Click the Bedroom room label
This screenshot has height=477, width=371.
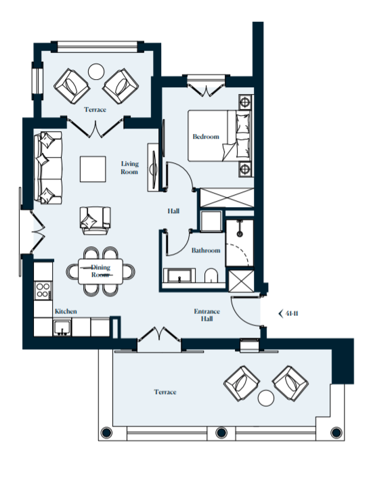(206, 137)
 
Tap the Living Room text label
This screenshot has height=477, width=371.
(129, 167)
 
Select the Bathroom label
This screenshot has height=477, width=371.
(206, 250)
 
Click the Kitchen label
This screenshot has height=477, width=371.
(66, 311)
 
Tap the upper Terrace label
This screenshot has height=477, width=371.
(95, 109)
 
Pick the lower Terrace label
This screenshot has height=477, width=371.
(165, 392)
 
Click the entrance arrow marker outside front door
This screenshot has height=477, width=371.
(282, 313)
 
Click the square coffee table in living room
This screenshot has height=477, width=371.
(93, 168)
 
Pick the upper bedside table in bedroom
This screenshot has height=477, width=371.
(244, 103)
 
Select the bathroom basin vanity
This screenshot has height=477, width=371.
(179, 275)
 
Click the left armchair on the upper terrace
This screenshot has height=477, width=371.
(71, 85)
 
